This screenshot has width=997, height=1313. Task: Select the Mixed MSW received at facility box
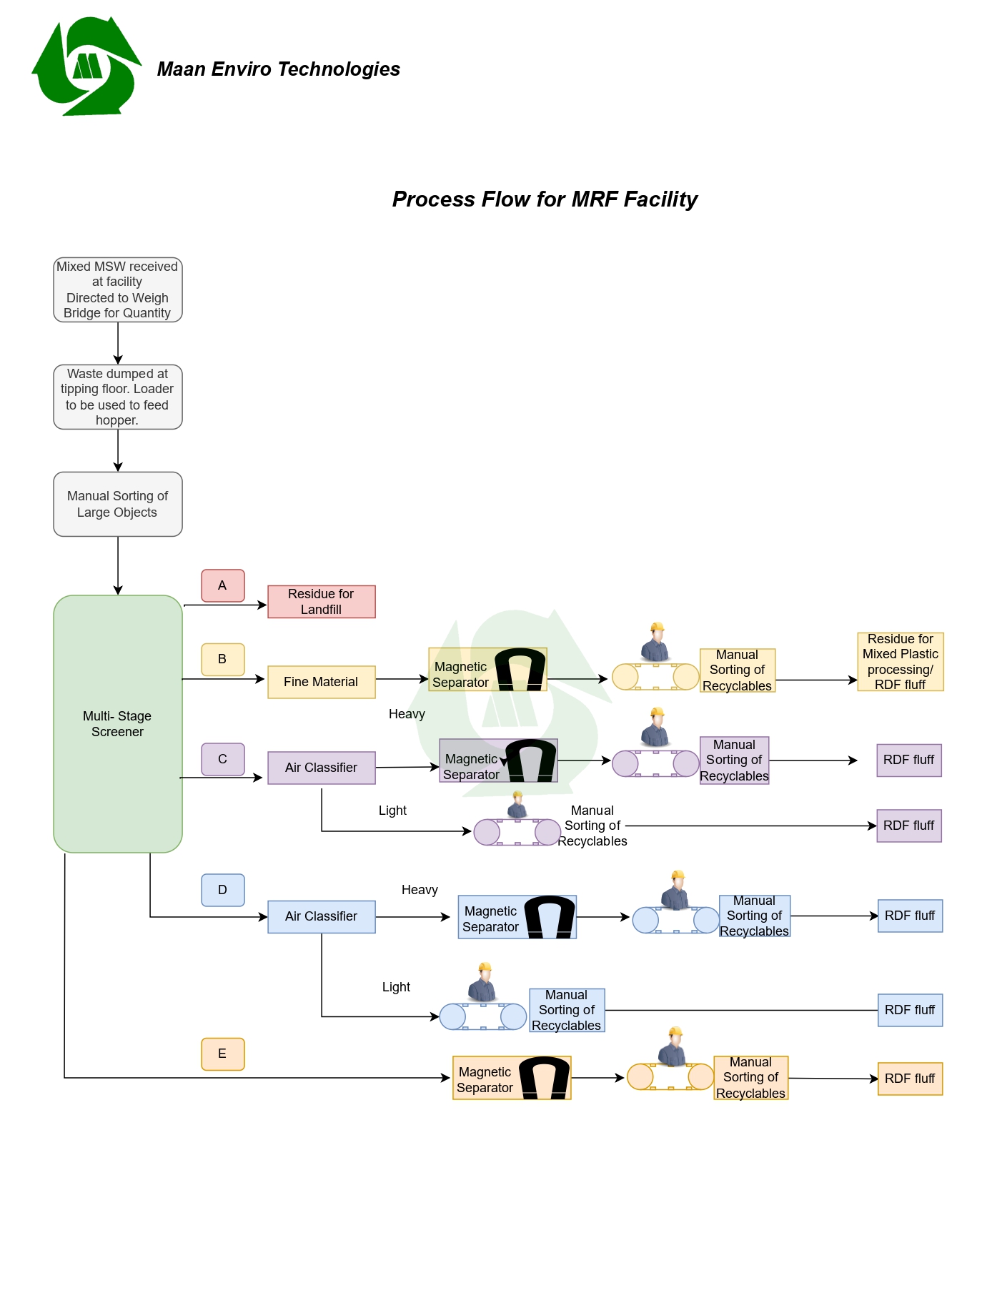[118, 289]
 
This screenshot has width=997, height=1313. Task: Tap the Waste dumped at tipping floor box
[118, 397]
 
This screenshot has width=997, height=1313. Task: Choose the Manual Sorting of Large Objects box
[118, 504]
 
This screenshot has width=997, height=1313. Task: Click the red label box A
[223, 585]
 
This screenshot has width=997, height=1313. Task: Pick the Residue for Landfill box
[321, 602]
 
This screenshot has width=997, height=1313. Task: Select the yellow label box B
[223, 659]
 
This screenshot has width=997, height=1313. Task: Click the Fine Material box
[321, 682]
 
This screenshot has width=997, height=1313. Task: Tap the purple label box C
[223, 759]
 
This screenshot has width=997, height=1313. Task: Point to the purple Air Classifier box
[321, 768]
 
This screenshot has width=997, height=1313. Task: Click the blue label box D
[223, 890]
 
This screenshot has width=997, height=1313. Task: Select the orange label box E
[223, 1054]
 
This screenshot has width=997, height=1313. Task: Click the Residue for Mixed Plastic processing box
[900, 662]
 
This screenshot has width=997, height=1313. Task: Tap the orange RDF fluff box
[910, 1079]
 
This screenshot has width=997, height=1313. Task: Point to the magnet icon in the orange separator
[544, 1078]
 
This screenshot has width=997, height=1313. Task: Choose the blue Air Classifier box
[321, 916]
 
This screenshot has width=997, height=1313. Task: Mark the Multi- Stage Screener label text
[117, 724]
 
